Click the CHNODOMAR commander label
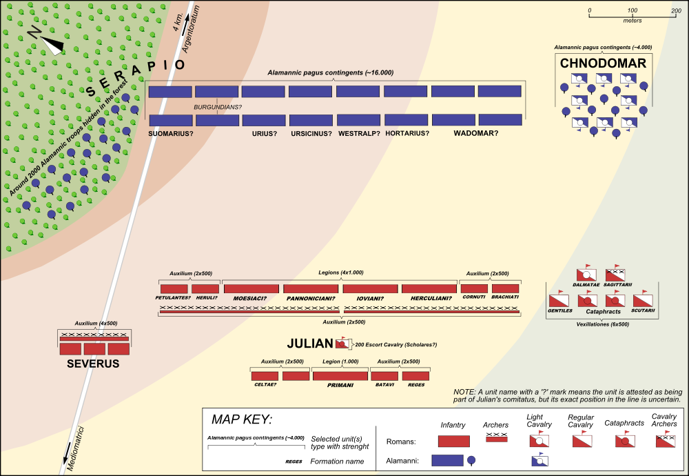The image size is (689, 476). (603, 63)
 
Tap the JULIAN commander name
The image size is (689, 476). (310, 344)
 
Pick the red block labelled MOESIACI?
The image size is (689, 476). (251, 288)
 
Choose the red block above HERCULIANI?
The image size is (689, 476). (429, 288)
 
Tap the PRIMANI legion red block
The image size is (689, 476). (340, 376)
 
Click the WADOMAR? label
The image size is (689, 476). (475, 133)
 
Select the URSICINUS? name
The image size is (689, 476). (311, 133)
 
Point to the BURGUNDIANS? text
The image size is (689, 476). (217, 108)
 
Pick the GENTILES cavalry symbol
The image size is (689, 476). (558, 300)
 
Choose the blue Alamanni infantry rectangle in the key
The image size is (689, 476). (446, 459)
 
